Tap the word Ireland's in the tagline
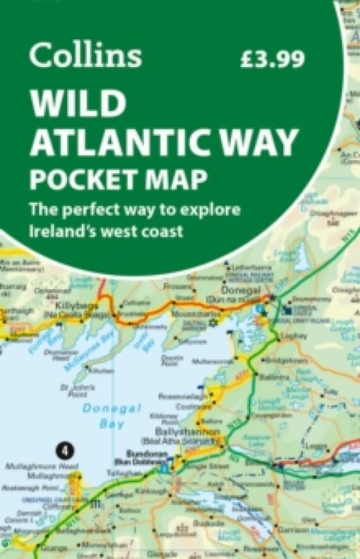[x=62, y=230]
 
